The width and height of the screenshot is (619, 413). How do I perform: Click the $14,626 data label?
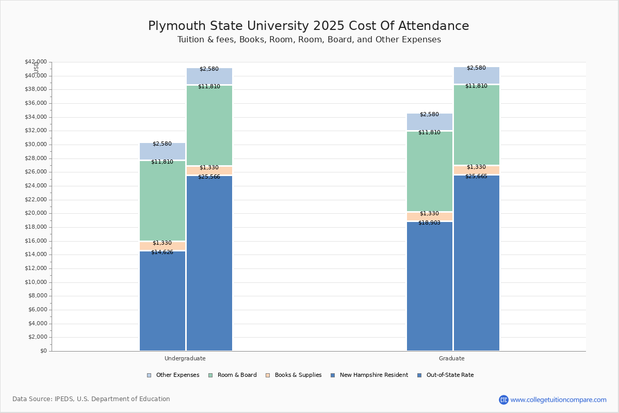[162, 252]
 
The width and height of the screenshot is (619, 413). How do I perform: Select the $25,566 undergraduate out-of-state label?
[209, 177]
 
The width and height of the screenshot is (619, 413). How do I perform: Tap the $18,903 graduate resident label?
[429, 223]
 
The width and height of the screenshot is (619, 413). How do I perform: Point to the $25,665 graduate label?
[476, 177]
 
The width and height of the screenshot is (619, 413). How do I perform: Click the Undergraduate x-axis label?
[185, 358]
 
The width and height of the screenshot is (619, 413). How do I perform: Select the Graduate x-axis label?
[452, 358]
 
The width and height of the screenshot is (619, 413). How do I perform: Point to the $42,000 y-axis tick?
[36, 62]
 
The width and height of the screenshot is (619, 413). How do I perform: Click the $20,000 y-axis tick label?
[36, 213]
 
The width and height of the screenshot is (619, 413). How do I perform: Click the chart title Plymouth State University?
[308, 26]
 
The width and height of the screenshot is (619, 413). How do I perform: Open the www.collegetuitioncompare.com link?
[558, 400]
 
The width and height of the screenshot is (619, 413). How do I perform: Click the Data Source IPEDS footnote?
[91, 399]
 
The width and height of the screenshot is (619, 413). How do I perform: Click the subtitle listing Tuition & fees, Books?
[309, 40]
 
